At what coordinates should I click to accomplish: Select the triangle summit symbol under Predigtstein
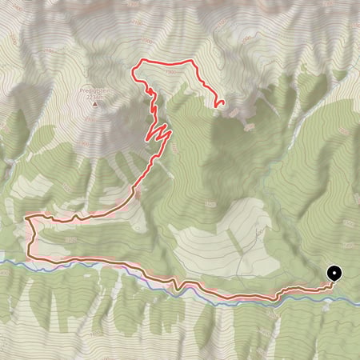tap(94, 104)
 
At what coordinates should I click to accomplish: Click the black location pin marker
tap(333, 273)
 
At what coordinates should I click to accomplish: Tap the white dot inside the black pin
tap(333, 272)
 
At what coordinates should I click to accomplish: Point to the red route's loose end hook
tap(218, 102)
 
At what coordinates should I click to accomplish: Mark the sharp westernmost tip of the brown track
tap(26, 217)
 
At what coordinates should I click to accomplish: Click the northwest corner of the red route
tap(141, 61)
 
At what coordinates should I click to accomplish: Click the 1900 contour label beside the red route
tap(170, 72)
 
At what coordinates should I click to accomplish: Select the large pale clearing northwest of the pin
tap(216, 240)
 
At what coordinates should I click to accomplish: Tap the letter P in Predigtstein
tap(81, 91)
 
